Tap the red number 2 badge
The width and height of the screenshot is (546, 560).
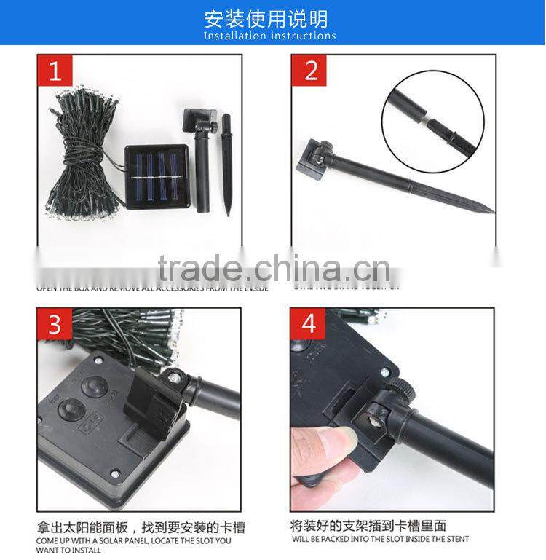(x=312, y=71)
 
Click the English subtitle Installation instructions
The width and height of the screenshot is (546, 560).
(x=270, y=36)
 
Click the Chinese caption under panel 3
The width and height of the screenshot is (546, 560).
(x=135, y=524)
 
